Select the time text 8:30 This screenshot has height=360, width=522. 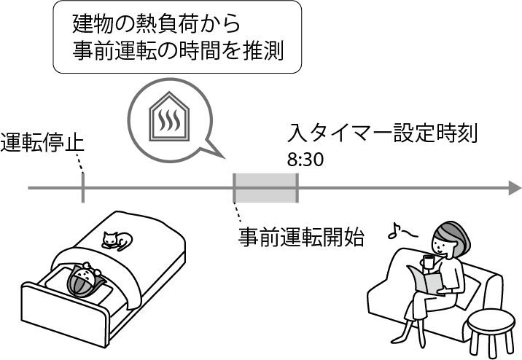tap(305, 160)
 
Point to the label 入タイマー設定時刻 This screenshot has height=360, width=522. tap(382, 135)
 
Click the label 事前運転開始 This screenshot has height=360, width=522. tap(302, 238)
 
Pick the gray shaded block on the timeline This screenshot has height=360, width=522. tap(265, 188)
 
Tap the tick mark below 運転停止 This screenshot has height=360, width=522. tap(82, 189)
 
